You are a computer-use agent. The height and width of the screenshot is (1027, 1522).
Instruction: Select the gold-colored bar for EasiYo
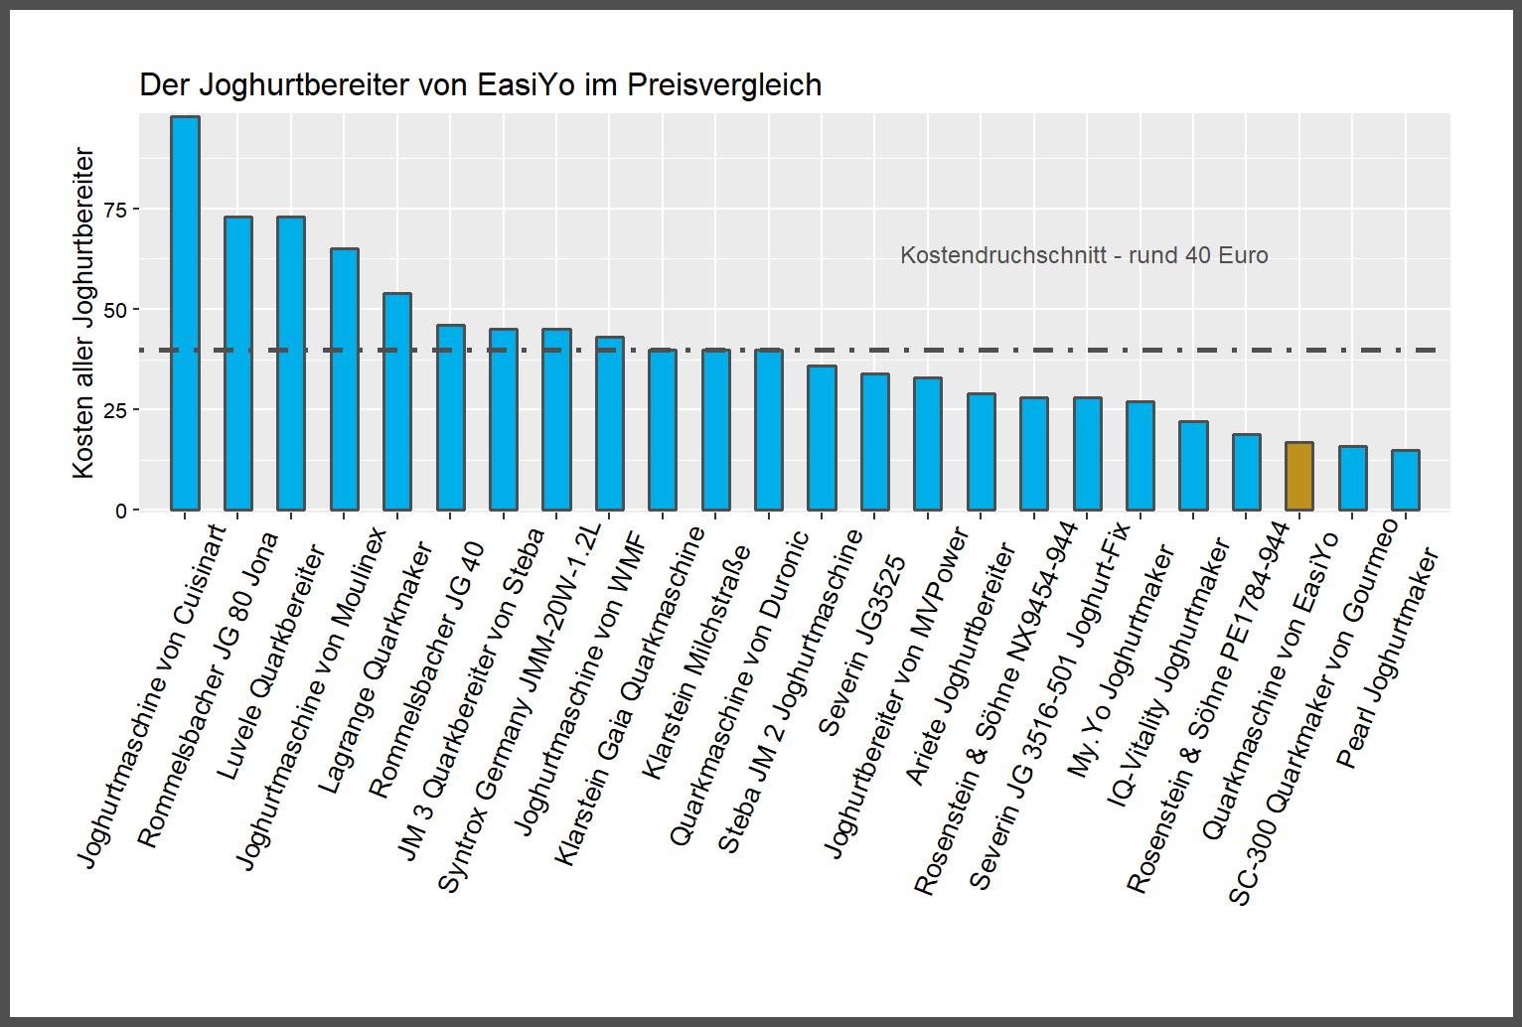[1298, 477]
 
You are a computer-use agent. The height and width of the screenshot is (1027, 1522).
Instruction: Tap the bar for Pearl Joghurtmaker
[1405, 481]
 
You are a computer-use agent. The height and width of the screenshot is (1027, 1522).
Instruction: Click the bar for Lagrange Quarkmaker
[397, 401]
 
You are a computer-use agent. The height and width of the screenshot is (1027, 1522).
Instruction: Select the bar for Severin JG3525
[874, 442]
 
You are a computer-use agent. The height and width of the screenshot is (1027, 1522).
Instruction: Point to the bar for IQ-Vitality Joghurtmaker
[1193, 466]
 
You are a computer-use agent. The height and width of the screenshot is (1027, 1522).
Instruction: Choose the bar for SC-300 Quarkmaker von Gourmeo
[1352, 479]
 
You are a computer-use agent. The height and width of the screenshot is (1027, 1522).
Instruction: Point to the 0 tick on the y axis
[121, 511]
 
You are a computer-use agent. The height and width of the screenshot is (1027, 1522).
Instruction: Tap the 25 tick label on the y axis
[115, 410]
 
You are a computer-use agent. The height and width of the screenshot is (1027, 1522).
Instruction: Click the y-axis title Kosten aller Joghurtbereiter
[83, 313]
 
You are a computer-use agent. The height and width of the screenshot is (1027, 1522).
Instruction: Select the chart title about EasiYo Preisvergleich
[480, 85]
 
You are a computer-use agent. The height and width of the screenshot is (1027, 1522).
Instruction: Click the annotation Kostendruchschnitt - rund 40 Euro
[1084, 255]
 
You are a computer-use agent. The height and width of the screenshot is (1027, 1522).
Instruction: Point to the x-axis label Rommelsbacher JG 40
[425, 670]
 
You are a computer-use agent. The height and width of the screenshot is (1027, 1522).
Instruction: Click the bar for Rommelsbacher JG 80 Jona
[237, 364]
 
